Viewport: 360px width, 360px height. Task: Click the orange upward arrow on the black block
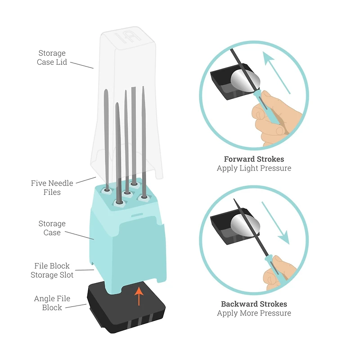click(139, 295)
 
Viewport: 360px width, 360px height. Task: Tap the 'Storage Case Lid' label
click(52, 58)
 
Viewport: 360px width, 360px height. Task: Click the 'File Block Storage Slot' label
click(52, 270)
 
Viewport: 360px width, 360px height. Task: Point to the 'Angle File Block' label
click(52, 303)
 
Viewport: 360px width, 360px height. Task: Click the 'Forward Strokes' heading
click(254, 159)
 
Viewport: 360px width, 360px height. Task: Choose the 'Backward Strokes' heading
click(254, 304)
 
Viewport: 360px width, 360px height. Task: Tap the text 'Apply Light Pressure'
click(254, 168)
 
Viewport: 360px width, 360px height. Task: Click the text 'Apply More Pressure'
click(254, 313)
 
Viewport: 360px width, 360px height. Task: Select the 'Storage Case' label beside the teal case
click(52, 228)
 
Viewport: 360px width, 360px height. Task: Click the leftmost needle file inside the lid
click(106, 135)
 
